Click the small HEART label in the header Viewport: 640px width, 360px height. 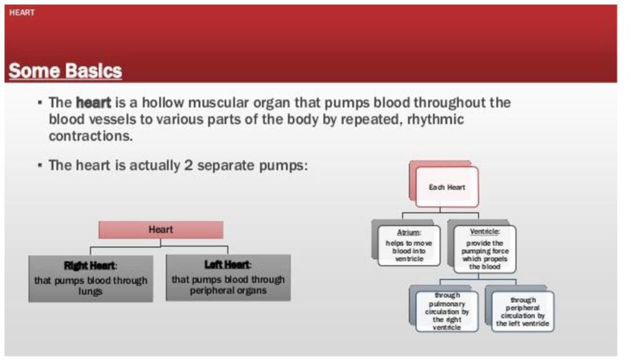click(22, 12)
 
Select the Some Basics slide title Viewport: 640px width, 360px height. click(65, 71)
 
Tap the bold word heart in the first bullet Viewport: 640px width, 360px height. click(92, 102)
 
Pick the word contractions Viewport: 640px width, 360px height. click(91, 136)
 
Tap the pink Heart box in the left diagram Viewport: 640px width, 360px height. click(161, 230)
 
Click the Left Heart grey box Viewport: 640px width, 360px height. click(228, 277)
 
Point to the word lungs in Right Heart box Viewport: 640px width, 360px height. click(91, 292)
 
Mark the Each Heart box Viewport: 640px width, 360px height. click(447, 187)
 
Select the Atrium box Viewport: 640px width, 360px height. click(409, 246)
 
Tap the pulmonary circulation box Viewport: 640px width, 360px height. click(447, 311)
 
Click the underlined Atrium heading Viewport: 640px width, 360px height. click(409, 232)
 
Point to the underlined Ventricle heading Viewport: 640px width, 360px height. click(485, 231)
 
